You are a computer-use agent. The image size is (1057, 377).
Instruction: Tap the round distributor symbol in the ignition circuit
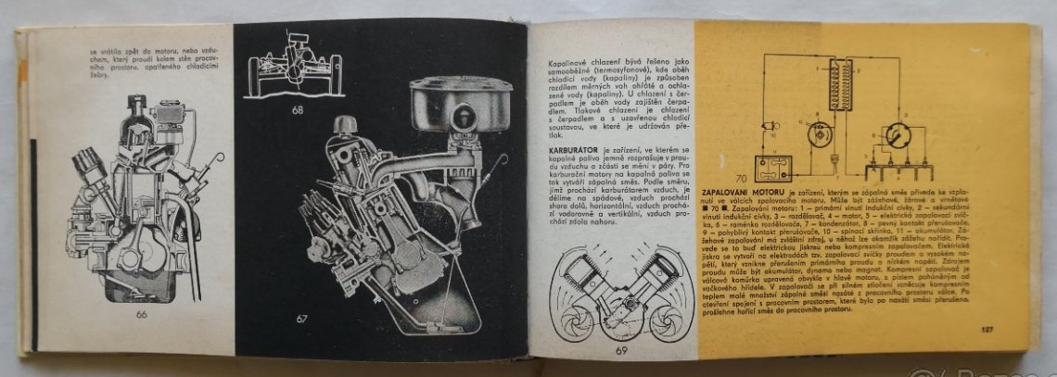click(897, 138)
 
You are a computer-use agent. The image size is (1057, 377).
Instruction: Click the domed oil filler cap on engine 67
click(346, 125)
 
